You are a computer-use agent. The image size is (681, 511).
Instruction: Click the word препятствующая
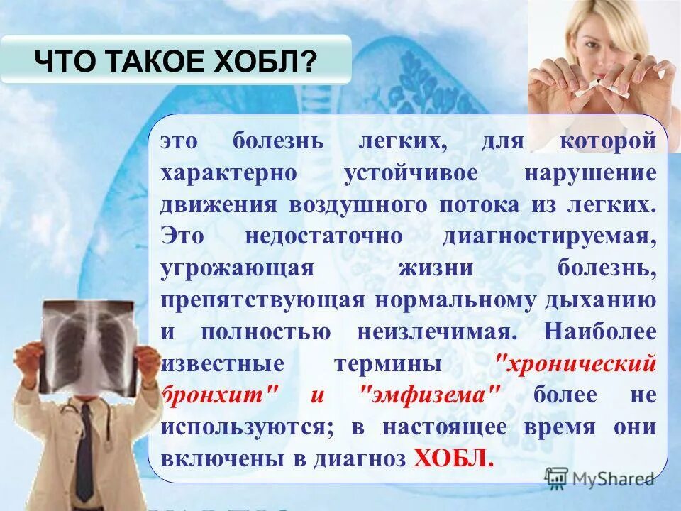point(262,300)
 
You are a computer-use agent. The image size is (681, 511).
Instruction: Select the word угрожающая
point(237,268)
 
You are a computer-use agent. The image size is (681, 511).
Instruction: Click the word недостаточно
point(323,236)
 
